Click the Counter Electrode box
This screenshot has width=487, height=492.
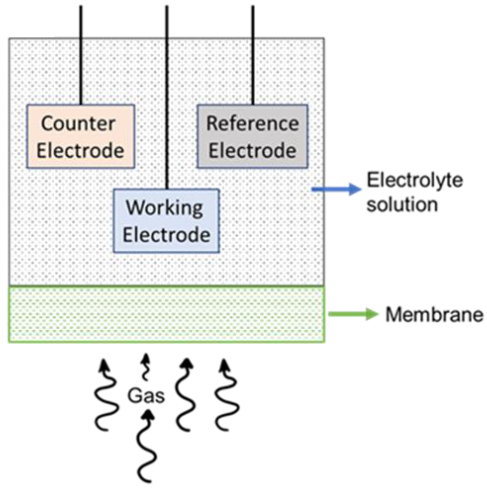pos(81,136)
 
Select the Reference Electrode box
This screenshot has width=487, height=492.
pos(252,136)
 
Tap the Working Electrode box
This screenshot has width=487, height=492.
pos(166,221)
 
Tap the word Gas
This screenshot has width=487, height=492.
pos(146,396)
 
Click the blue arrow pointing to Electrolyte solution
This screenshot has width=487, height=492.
pos(336,189)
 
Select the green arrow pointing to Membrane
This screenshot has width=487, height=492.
pos(353,314)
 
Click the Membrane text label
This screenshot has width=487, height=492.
pos(434,314)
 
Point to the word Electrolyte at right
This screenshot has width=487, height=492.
pos(415,180)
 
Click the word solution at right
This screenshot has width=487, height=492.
pos(402,204)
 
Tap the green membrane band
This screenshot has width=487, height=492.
pos(166,314)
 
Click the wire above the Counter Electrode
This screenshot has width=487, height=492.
pos(81,55)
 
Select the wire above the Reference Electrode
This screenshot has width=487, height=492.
pos(253,55)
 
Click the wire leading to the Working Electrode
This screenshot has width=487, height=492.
pos(167,97)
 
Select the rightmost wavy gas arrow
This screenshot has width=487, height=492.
pos(226,395)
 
